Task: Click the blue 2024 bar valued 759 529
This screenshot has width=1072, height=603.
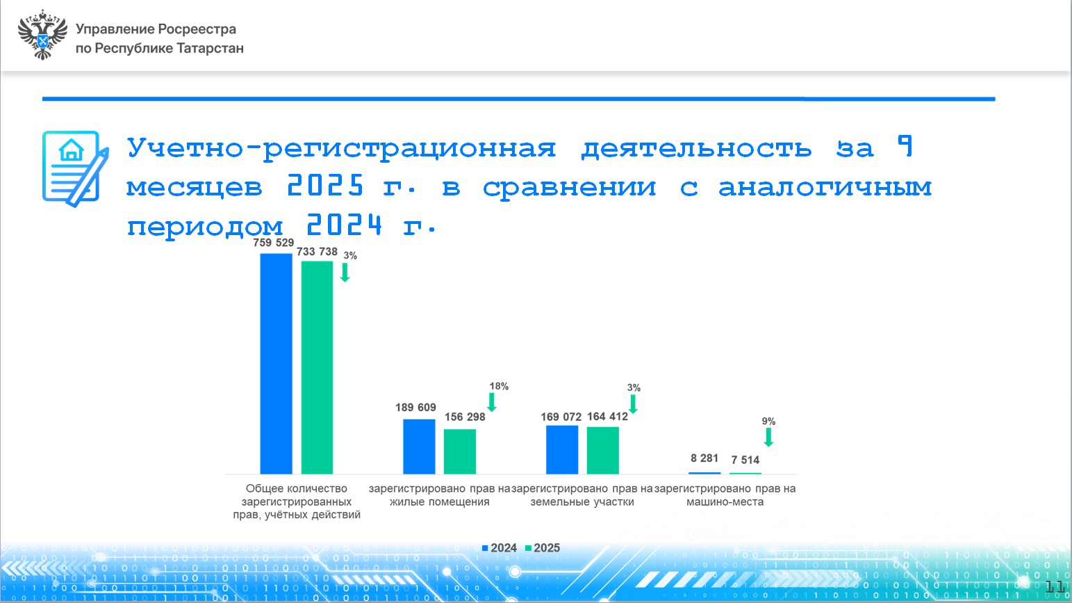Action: [x=276, y=364]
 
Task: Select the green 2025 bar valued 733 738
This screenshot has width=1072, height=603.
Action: [x=317, y=367]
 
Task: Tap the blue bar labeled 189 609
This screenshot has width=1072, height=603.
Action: [x=419, y=447]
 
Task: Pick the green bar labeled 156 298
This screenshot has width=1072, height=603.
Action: [x=460, y=451]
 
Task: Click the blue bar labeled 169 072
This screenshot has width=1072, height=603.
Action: [x=562, y=450]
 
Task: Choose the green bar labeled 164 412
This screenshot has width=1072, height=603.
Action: [x=602, y=450]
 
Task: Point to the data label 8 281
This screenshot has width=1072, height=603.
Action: [x=704, y=458]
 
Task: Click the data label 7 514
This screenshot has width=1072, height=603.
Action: [x=745, y=460]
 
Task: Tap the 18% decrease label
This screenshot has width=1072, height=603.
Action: [x=499, y=386]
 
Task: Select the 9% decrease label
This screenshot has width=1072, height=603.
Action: [x=768, y=421]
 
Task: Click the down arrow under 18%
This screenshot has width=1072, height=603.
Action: [x=491, y=402]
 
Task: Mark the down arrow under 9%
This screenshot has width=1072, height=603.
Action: [x=768, y=437]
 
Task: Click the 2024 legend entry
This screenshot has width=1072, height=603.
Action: [x=499, y=548]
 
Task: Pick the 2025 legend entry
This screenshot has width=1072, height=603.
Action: [x=542, y=548]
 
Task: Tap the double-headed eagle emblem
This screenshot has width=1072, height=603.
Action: [x=42, y=35]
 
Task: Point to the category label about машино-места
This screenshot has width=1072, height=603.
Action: [x=725, y=495]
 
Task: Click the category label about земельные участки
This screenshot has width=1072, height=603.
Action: [x=582, y=495]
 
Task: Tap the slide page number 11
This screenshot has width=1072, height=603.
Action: [x=1055, y=587]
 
